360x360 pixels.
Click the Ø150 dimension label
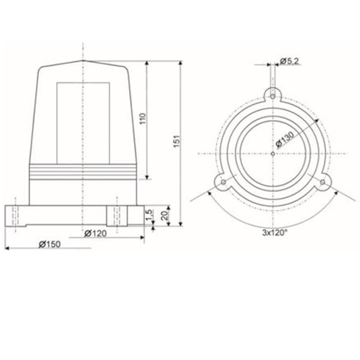[x=49, y=244]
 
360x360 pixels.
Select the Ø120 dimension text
[x=95, y=234]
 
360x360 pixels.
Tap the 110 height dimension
[x=143, y=118]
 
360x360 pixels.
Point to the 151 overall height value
[x=177, y=141]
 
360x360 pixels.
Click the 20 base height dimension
[x=165, y=216]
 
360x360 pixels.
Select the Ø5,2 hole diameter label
[x=289, y=61]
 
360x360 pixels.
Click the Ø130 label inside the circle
[x=285, y=139]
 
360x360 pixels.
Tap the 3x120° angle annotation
[x=274, y=233]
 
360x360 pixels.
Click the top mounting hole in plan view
[x=273, y=97]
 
